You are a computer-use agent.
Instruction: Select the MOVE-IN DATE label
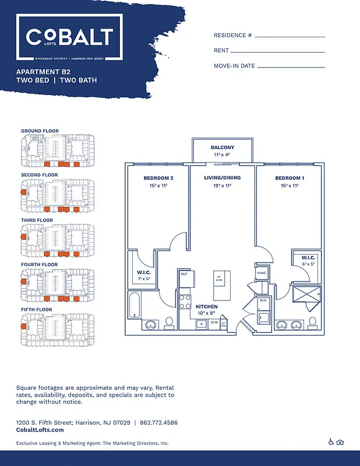point(234,66)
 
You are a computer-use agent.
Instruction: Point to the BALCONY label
point(223,147)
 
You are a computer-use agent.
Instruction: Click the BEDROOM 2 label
point(158,178)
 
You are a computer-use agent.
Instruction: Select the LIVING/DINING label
point(223,178)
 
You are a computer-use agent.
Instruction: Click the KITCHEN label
point(206,306)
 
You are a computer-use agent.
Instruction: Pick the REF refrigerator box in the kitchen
point(183,273)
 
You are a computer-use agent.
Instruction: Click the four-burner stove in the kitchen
point(185,301)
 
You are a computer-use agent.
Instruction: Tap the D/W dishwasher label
point(214,322)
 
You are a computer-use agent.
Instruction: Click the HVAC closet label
point(261,273)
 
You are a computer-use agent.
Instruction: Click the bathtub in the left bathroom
point(134,305)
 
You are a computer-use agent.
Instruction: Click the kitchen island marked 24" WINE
point(220,280)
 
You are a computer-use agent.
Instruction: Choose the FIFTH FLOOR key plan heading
point(40,309)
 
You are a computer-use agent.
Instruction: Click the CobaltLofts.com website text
point(40,430)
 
